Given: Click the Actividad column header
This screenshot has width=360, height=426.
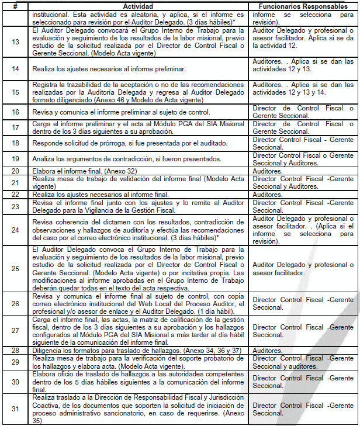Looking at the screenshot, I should [139, 5].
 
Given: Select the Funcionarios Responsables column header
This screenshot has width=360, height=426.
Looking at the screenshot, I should [299, 5].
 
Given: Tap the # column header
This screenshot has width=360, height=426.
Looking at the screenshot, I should [16, 5].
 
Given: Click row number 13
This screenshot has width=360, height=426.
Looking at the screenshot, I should [16, 41].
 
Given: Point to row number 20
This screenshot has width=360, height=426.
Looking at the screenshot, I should [16, 171].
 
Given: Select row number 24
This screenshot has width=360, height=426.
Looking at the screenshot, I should [16, 230].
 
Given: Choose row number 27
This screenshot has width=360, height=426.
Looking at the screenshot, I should [16, 331].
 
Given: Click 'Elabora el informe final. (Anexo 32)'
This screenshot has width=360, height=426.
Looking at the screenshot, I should [87, 171].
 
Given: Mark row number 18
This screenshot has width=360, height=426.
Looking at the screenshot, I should [16, 143].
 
